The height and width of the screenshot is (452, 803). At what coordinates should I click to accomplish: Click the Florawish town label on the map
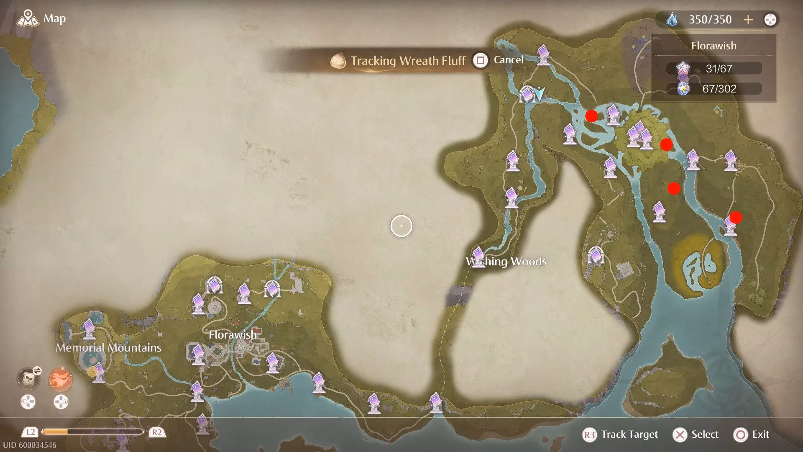tap(233, 335)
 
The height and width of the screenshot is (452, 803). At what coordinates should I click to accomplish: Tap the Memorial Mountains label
tap(108, 347)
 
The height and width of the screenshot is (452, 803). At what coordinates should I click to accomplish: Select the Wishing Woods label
tap(506, 262)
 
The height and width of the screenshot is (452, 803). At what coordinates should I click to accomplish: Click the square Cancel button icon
tap(480, 61)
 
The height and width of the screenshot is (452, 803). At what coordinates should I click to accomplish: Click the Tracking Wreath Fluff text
tap(408, 61)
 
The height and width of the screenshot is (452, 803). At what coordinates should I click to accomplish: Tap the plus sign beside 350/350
tap(748, 20)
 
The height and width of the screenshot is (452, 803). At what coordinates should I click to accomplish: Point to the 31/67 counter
tap(719, 69)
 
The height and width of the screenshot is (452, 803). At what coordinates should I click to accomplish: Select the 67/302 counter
tap(719, 89)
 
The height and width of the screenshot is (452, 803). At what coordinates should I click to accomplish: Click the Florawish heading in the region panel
tap(713, 46)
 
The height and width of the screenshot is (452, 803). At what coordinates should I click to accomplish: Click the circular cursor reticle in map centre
tap(401, 226)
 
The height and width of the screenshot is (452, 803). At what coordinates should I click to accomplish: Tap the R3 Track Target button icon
tap(589, 435)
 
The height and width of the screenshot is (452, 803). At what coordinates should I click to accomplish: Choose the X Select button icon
tap(680, 435)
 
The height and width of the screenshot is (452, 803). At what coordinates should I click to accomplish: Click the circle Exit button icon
tap(741, 435)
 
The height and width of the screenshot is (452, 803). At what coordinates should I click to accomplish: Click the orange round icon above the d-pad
tap(61, 379)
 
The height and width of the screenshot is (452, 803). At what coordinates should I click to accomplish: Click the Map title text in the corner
tap(54, 19)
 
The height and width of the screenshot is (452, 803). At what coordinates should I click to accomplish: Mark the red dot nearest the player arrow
tap(591, 116)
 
